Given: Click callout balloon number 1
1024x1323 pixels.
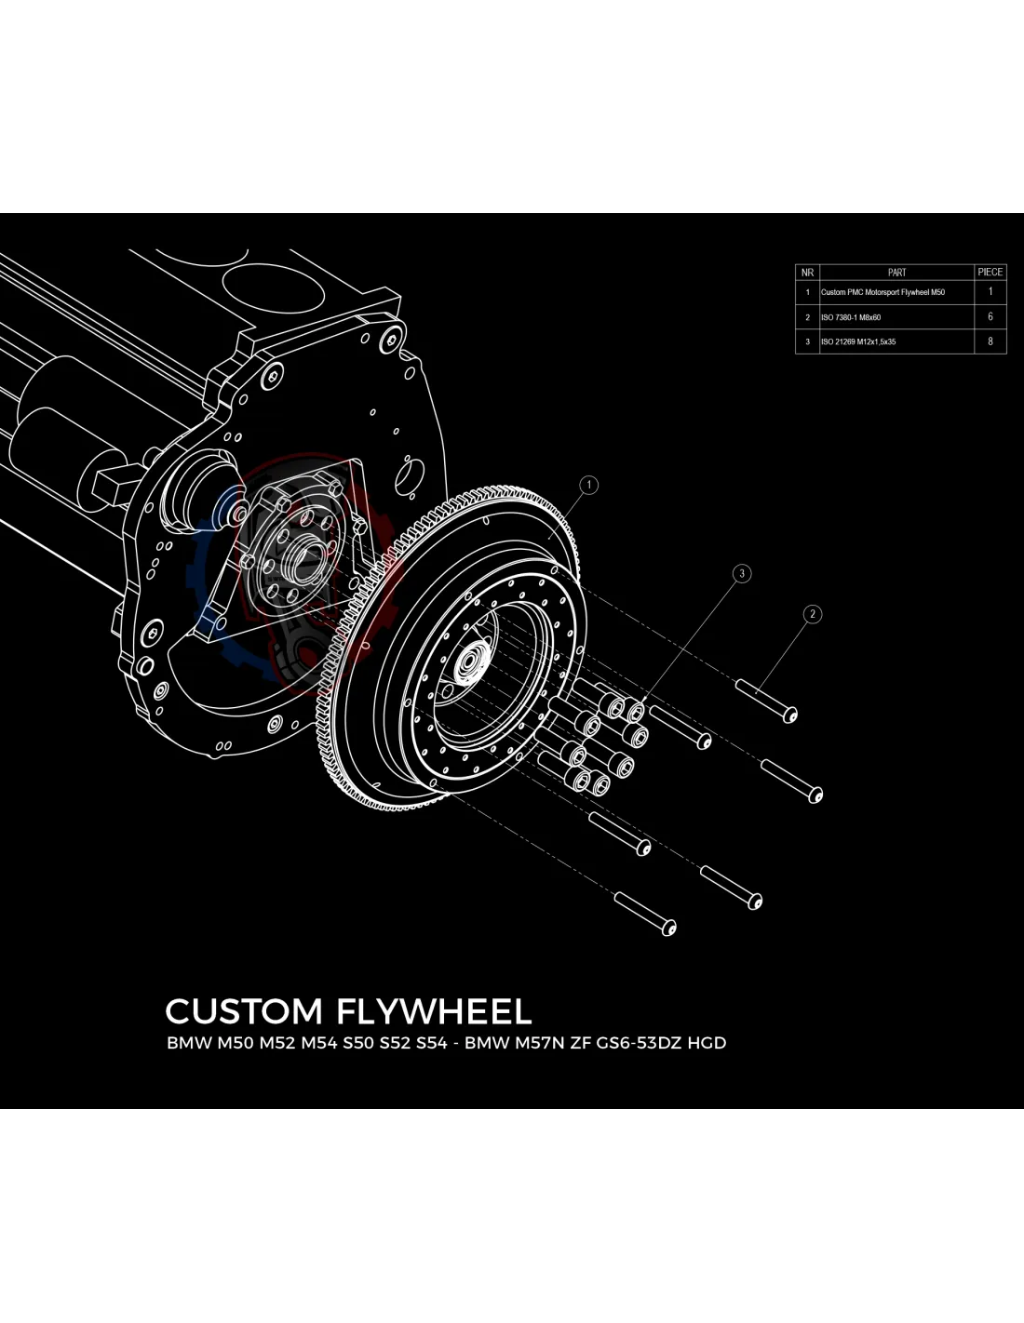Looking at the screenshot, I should [587, 485].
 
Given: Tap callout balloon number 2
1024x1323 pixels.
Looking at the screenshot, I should [813, 614].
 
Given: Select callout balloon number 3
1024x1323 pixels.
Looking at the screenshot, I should [742, 573].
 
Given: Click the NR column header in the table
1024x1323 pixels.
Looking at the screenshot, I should [807, 273].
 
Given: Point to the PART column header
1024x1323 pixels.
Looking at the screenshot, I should [896, 273].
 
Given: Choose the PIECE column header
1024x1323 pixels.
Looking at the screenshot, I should [990, 273].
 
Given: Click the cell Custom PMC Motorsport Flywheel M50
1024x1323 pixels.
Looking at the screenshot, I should [883, 292].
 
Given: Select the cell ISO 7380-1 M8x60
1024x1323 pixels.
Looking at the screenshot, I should [851, 317].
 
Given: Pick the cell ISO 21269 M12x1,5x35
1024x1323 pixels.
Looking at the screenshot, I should [858, 341].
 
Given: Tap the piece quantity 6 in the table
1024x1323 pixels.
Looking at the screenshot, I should [990, 316].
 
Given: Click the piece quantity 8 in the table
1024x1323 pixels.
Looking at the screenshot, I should [990, 341].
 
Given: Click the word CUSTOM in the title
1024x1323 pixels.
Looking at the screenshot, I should [244, 1011].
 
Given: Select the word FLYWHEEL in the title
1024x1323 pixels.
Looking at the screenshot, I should [435, 1011].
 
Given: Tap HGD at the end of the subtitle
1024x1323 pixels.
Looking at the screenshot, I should [707, 1043].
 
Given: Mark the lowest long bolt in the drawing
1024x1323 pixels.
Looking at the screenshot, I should [644, 913].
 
